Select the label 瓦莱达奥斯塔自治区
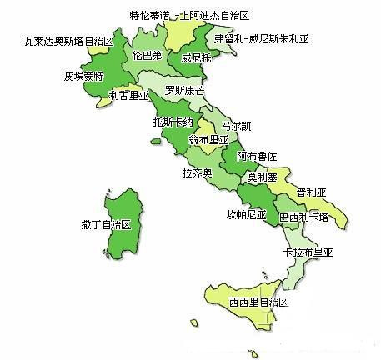[x=68, y=40]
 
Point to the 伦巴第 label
[x=148, y=56]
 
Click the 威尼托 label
[x=196, y=58]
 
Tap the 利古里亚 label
[x=128, y=96]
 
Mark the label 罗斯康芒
[x=184, y=89]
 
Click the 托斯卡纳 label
[x=172, y=122]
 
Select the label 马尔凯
[x=234, y=125]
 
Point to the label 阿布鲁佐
[x=256, y=156]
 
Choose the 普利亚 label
[x=310, y=191]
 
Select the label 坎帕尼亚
[x=246, y=214]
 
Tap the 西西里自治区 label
[x=258, y=302]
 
